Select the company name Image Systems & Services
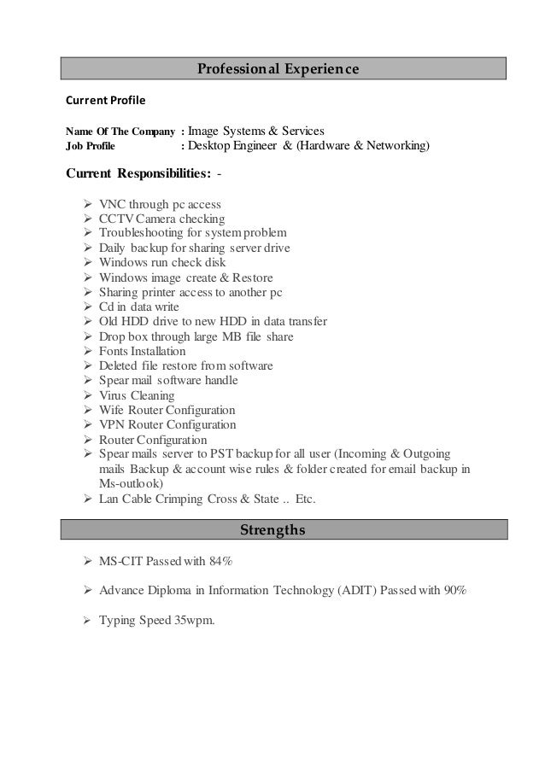point(255,131)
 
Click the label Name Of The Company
point(120,132)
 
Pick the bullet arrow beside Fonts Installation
point(89,351)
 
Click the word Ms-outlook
point(130,482)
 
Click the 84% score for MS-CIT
point(221,562)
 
